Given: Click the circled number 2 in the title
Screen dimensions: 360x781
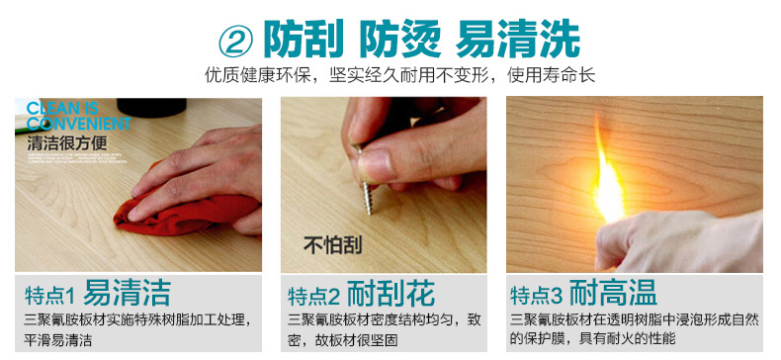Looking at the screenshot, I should click(236, 40).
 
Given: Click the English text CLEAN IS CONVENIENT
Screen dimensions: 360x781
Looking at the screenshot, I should click(77, 116).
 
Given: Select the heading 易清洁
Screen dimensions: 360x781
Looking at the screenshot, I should click(128, 294).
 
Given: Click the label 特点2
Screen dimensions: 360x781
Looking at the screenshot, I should click(314, 295).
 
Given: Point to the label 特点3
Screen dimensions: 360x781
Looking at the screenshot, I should click(537, 295).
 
